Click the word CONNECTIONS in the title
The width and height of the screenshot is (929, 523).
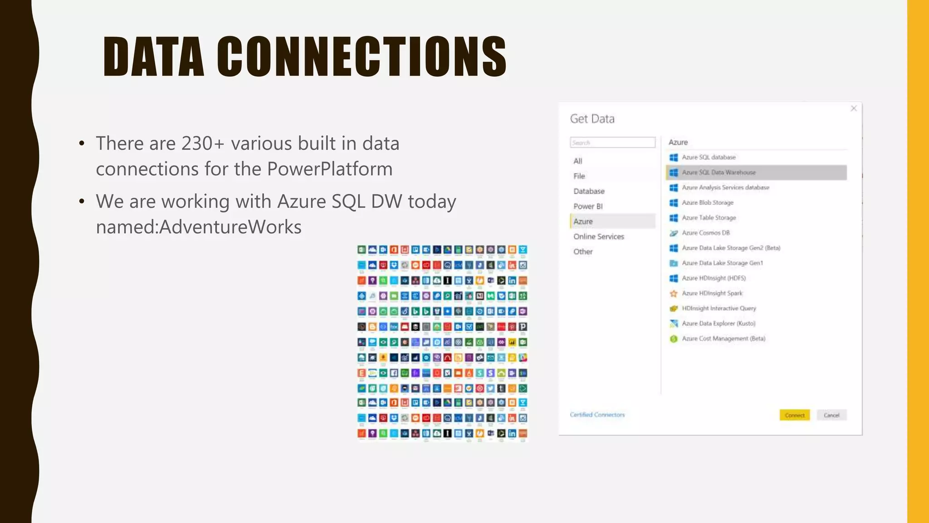(x=362, y=57)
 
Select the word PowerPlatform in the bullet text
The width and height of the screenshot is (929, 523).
(x=330, y=169)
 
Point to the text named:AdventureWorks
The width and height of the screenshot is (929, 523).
(x=199, y=227)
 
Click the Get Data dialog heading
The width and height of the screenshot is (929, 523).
(x=592, y=119)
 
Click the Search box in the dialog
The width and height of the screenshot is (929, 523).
(x=612, y=143)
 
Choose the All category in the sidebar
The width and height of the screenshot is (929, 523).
(x=577, y=161)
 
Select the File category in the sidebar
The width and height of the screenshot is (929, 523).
(x=579, y=176)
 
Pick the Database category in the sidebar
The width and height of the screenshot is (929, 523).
(x=589, y=191)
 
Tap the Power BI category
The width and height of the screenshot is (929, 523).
(x=588, y=206)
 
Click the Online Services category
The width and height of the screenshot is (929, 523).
(x=598, y=237)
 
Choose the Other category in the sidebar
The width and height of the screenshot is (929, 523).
(x=583, y=252)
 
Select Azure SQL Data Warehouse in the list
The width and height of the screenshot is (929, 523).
(x=719, y=173)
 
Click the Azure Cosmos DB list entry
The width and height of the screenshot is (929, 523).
(x=706, y=233)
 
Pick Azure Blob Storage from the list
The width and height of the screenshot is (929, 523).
(x=708, y=202)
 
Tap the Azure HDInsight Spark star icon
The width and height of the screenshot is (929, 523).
(x=674, y=293)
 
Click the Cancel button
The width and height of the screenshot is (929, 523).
(x=831, y=415)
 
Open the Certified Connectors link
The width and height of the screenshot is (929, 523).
(x=597, y=414)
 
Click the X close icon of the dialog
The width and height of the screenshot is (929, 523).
(x=854, y=109)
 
